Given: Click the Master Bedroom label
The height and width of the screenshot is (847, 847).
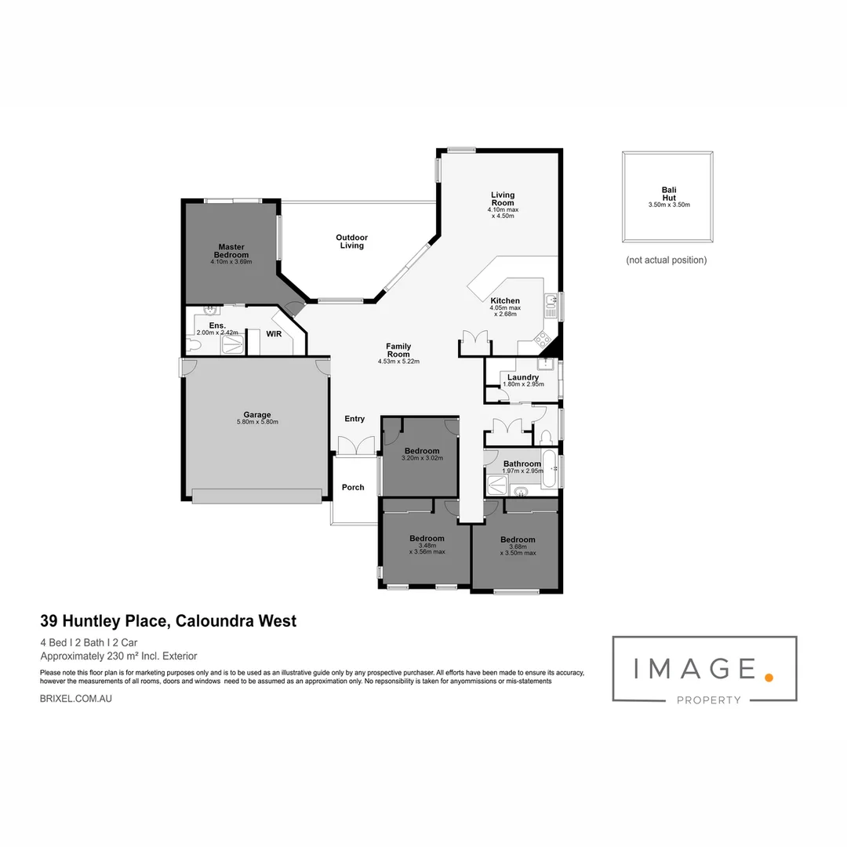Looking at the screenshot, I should tap(231, 251).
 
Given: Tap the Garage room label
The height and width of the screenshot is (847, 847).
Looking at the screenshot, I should tap(256, 415).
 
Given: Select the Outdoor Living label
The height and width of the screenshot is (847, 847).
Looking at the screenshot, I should tap(351, 242).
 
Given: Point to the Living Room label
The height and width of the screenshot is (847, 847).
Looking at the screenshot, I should tap(503, 199).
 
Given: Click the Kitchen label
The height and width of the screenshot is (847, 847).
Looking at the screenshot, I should tap(505, 301).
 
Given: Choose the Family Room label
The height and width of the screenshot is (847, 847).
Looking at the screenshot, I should tap(398, 351).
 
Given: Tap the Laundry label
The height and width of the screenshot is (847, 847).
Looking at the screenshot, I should tap(523, 377).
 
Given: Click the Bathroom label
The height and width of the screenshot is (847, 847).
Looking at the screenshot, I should tap(522, 464).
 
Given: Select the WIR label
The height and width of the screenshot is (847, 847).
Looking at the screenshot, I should tap(274, 333).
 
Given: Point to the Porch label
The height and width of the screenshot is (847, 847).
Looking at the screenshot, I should tap(353, 487).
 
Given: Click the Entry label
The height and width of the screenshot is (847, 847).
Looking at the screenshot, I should tap(354, 419).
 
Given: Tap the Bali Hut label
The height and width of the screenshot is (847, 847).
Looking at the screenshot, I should tap(668, 194).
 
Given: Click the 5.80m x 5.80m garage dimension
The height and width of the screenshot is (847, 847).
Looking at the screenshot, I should tap(257, 423).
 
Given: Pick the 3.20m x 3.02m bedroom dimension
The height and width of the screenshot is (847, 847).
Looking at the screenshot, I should tap(422, 459).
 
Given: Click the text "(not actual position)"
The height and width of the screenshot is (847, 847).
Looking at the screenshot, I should tap(666, 260).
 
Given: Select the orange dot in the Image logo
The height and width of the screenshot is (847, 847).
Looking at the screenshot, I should tap(769, 676).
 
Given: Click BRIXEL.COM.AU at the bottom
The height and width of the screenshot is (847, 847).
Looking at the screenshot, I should tap(75, 698).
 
